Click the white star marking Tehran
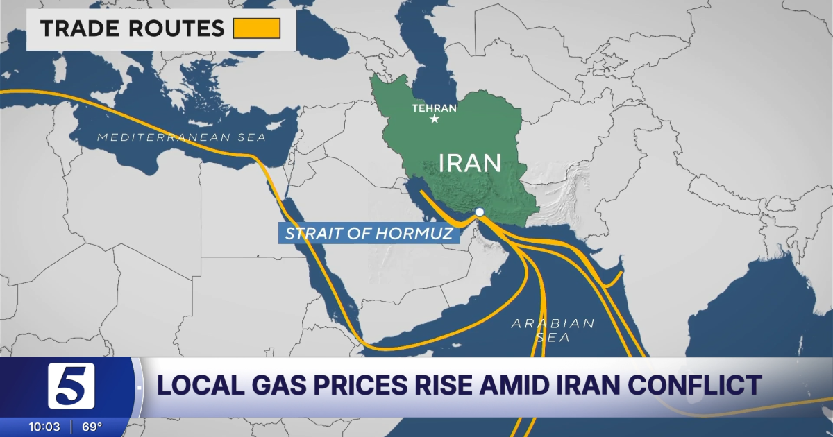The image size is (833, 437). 435,119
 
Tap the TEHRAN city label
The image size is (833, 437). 434,108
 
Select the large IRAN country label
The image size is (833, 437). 470,163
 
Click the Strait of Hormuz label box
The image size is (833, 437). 370,233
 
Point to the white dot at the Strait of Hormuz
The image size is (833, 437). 479,212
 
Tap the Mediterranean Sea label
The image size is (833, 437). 181,137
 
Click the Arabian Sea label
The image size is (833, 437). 553,330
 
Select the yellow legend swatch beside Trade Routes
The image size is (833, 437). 256,28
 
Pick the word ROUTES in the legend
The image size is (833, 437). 176,29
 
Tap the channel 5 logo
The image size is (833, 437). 71,386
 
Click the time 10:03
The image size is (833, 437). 43,425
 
